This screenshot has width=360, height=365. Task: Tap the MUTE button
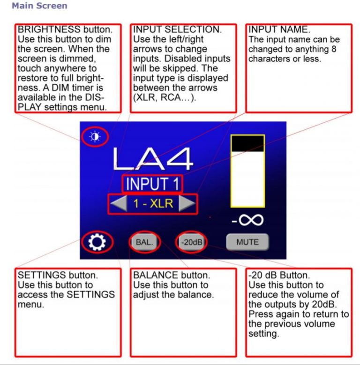(247, 242)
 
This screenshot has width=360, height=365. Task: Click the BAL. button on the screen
(144, 242)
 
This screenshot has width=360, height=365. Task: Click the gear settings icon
(97, 242)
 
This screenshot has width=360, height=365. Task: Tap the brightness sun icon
(95, 136)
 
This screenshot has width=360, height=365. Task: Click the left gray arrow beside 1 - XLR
(119, 203)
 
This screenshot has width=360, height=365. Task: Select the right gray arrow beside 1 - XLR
(187, 203)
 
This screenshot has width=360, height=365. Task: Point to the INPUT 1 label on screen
(152, 184)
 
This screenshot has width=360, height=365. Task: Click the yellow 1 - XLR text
(153, 204)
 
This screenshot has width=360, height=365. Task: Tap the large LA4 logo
(153, 159)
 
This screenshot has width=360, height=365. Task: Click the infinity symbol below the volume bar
(251, 220)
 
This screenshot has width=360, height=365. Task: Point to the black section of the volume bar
(248, 143)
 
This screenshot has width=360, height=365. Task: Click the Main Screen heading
(39, 6)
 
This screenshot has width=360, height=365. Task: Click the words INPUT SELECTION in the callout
(177, 30)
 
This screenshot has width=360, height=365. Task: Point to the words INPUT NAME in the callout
(279, 30)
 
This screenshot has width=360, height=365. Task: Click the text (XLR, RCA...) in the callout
(165, 97)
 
